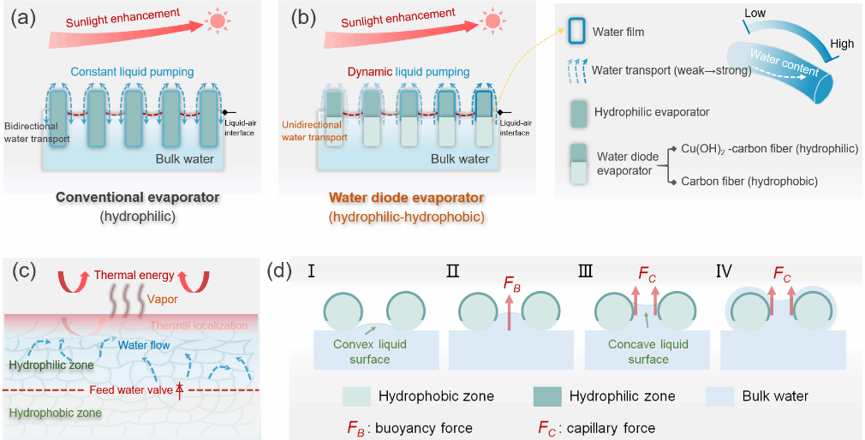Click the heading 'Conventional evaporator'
pyautogui.click(x=138, y=198)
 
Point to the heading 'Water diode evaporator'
pyautogui.click(x=406, y=198)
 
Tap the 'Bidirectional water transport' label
pyautogui.click(x=35, y=132)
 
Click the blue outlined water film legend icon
pyautogui.click(x=578, y=33)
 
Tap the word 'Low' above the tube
pyautogui.click(x=755, y=14)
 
